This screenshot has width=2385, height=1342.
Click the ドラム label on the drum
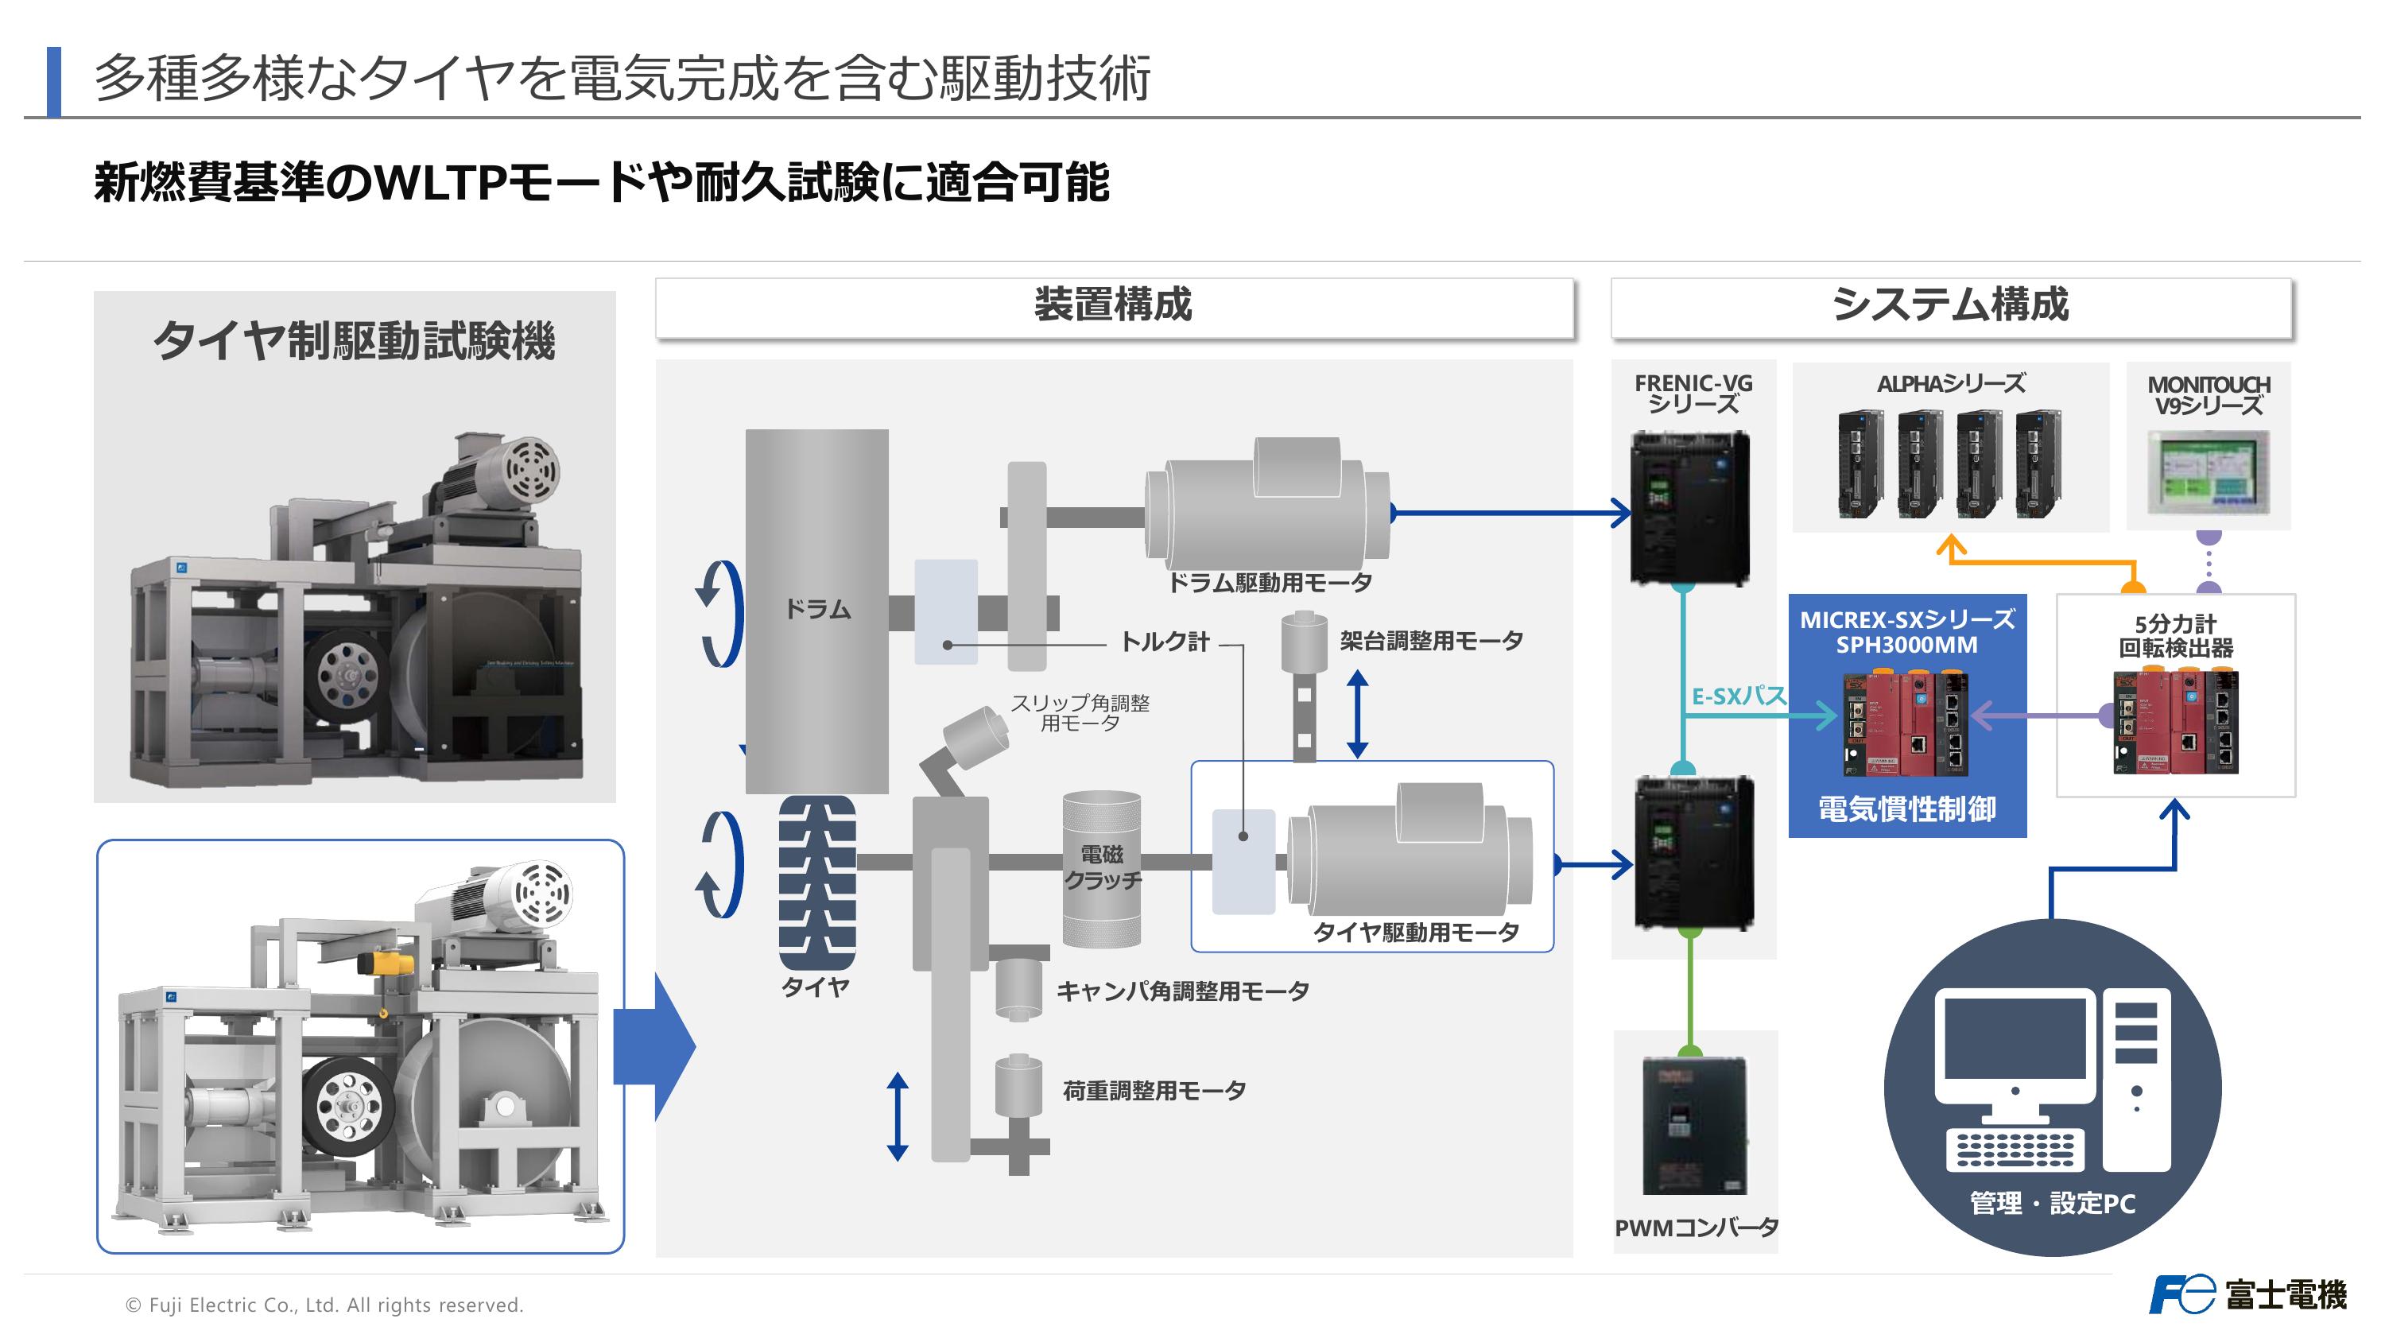[816, 610]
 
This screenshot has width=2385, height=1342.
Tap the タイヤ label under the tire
[815, 987]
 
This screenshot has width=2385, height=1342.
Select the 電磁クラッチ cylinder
[1101, 868]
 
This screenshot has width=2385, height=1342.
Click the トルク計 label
[1165, 642]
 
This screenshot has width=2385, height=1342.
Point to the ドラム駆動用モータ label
[1270, 583]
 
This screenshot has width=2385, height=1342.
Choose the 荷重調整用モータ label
[1154, 1091]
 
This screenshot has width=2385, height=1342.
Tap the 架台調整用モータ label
[1430, 641]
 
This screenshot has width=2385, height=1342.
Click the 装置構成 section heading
[1113, 304]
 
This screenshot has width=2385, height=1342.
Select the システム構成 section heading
[1950, 304]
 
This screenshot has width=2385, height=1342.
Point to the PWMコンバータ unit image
[1693, 1125]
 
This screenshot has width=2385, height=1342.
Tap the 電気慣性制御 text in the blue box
[1906, 809]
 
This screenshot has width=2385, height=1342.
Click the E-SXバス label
[1738, 696]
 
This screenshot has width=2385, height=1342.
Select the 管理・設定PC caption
[2052, 1203]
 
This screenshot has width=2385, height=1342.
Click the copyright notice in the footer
[324, 1305]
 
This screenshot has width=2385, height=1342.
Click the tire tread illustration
[816, 882]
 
